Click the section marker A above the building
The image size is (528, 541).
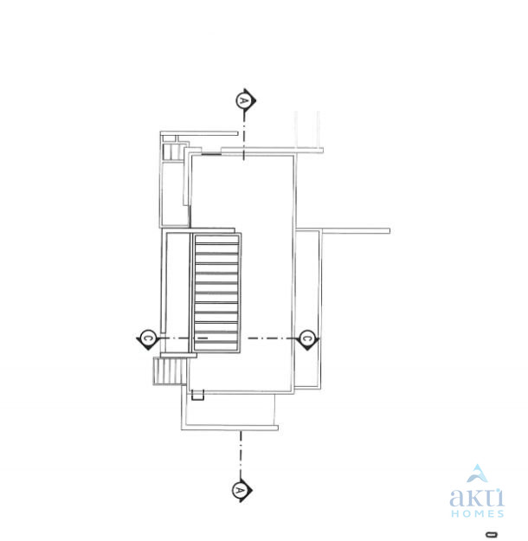[245, 100]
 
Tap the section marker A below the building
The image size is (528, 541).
[241, 490]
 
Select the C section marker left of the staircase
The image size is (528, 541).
[148, 338]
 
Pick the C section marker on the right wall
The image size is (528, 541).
[307, 338]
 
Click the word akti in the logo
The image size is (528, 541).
[477, 497]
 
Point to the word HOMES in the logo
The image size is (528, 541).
[477, 513]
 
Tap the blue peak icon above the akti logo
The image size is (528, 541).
[477, 473]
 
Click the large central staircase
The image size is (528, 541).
[216, 293]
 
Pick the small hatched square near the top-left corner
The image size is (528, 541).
[171, 151]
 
